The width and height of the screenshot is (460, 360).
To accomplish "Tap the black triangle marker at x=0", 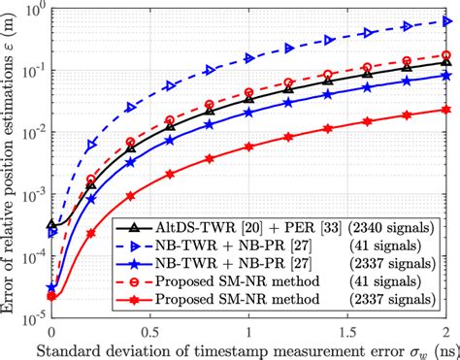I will click(x=51, y=224).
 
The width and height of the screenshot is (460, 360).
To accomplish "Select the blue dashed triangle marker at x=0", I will click(x=51, y=234).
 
